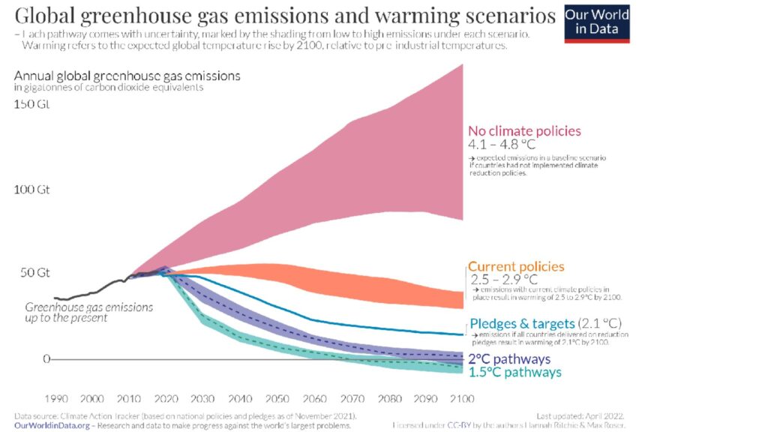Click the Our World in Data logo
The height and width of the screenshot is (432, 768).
(597, 23)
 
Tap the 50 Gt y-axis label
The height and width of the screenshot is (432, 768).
(34, 271)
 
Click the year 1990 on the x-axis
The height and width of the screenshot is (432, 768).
(57, 397)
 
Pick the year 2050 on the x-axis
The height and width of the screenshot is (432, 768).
(277, 397)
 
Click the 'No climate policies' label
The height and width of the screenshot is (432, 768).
(524, 131)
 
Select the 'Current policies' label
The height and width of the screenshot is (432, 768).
(516, 267)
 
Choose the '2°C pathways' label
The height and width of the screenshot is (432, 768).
(509, 358)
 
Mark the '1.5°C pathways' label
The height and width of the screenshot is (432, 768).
(514, 372)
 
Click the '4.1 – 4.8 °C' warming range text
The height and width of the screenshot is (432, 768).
(502, 145)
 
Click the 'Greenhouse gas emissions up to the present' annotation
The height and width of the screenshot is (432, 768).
(88, 312)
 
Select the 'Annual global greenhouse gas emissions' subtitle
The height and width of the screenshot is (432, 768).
(127, 76)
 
